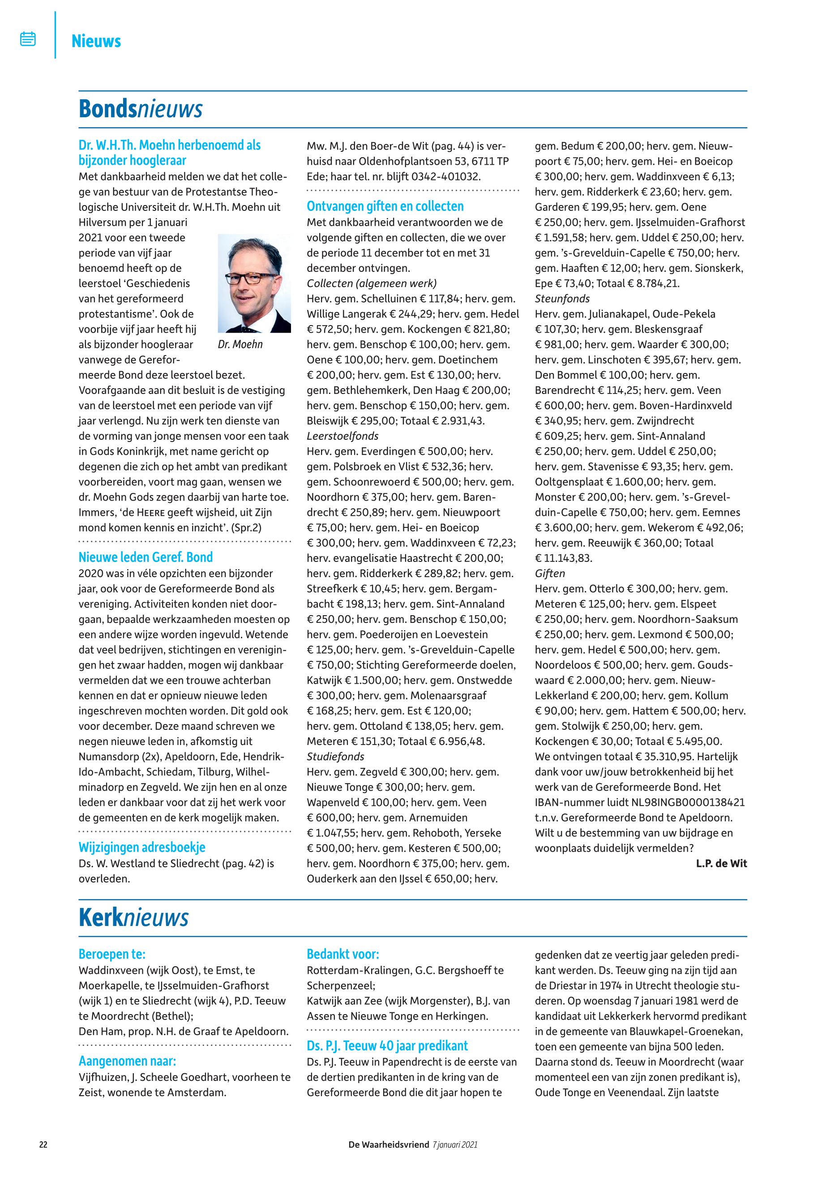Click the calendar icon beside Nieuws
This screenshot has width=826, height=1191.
[28, 39]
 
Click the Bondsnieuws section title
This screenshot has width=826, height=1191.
[140, 109]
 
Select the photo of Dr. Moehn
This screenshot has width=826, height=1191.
[254, 283]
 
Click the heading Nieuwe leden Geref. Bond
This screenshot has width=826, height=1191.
[146, 557]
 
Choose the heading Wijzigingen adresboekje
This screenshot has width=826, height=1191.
[142, 847]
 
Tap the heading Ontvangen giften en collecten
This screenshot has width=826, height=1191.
[385, 206]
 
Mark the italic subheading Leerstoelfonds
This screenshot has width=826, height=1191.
[342, 436]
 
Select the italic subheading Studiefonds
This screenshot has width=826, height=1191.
[335, 757]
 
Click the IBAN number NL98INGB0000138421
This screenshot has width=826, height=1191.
[654, 802]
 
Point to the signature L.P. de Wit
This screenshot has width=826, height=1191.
[721, 863]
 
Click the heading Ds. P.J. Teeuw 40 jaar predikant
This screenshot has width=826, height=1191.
[387, 1045]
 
